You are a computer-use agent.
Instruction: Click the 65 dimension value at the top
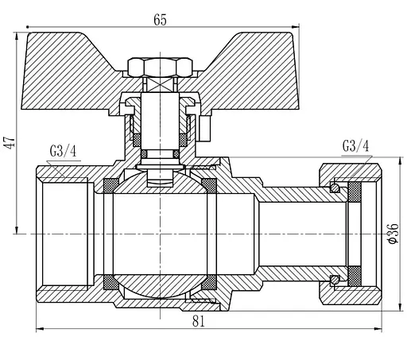(x=160, y=20)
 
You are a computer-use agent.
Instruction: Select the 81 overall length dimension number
(x=199, y=321)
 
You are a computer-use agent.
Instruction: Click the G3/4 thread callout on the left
(x=63, y=151)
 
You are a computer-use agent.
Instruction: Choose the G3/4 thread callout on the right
(x=355, y=145)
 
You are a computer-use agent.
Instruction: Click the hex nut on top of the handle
(x=160, y=65)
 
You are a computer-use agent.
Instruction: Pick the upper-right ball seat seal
(x=210, y=186)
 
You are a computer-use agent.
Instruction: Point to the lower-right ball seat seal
(x=210, y=282)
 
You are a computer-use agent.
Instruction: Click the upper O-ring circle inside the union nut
(x=335, y=189)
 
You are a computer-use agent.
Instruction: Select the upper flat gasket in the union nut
(x=355, y=192)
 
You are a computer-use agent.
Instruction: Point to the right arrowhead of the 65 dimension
(x=291, y=29)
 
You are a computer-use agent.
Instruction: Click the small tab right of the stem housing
(x=203, y=125)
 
